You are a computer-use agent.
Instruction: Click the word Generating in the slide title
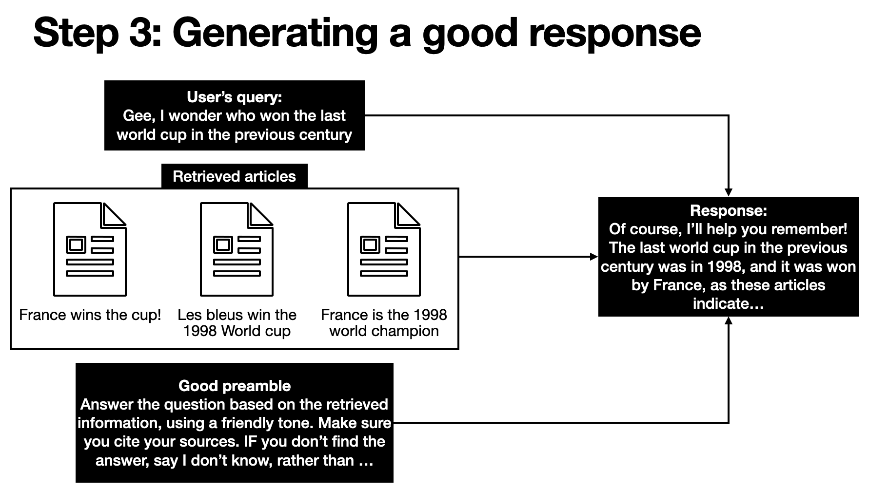click(275, 33)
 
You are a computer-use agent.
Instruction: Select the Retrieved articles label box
click(234, 176)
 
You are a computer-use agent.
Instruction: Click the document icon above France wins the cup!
click(90, 249)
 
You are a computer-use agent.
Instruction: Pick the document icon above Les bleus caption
click(237, 249)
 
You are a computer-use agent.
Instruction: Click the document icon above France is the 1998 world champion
click(384, 249)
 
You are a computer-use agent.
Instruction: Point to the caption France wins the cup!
click(90, 315)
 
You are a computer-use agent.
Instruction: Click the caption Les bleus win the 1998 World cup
click(237, 323)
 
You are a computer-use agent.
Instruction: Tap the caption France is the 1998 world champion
click(384, 323)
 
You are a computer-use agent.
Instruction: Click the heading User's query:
click(234, 97)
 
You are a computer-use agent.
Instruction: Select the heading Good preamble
click(234, 386)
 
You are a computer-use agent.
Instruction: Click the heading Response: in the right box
click(728, 210)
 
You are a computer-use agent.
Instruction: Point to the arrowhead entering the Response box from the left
click(593, 257)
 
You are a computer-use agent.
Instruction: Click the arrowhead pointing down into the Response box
click(728, 192)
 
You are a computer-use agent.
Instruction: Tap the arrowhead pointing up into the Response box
click(728, 321)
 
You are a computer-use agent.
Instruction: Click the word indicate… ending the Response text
click(728, 304)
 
